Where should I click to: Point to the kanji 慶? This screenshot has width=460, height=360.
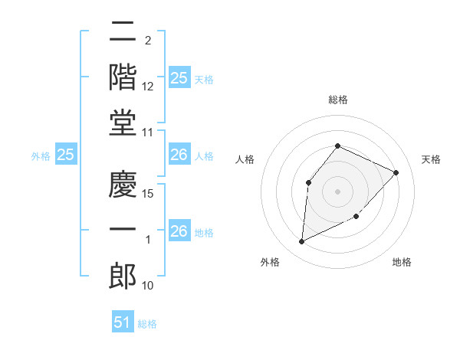point(123,184)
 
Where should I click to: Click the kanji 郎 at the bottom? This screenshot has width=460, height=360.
point(123,274)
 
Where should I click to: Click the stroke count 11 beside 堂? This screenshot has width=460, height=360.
point(149,133)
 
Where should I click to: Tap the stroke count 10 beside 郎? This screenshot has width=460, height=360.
point(149,286)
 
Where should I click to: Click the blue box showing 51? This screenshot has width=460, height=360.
point(123,322)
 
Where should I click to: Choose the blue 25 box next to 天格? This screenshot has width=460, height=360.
point(179,78)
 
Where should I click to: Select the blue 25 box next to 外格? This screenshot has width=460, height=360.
point(66,155)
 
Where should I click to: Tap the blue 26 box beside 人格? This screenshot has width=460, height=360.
point(179,155)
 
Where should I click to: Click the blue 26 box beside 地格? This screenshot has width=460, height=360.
point(179,231)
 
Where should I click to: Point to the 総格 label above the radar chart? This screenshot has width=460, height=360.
point(337,100)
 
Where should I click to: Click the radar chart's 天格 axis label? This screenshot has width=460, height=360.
point(431,159)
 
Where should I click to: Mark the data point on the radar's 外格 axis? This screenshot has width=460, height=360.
point(301,242)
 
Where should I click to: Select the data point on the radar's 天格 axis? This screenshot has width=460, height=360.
point(396,172)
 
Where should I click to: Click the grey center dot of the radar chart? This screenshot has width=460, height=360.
point(337,191)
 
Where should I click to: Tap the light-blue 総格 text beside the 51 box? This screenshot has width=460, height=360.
point(147,324)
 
